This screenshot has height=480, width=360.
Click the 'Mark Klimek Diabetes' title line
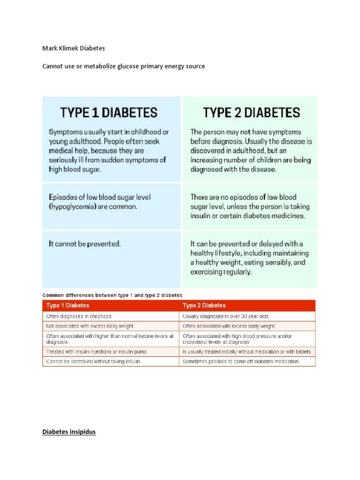pyautogui.click(x=74, y=48)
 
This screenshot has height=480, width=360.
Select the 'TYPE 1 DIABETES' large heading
pyautogui.click(x=109, y=112)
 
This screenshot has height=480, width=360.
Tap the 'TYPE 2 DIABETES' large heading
pyautogui.click(x=251, y=112)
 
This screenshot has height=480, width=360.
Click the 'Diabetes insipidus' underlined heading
pyautogui.click(x=69, y=432)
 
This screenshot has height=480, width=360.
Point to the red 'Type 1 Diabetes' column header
pyautogui.click(x=67, y=306)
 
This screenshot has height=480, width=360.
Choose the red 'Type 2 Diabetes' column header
pyautogui.click(x=204, y=306)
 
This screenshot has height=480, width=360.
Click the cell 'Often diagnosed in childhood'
pyautogui.click(x=79, y=316)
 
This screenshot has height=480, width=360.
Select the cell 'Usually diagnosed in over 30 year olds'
pyautogui.click(x=225, y=316)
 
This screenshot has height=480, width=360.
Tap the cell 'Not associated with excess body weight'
pyautogui.click(x=90, y=326)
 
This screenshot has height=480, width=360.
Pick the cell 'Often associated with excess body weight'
pyautogui.click(x=228, y=326)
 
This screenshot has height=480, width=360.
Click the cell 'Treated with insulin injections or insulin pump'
pyautogui.click(x=96, y=352)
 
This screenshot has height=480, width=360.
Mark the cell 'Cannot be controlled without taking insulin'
pyautogui.click(x=93, y=361)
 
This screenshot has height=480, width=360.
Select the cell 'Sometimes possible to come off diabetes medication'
pyautogui.click(x=240, y=361)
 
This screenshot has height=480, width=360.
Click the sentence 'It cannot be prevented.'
pyautogui.click(x=85, y=244)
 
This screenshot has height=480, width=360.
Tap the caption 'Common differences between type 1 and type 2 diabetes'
pyautogui.click(x=112, y=295)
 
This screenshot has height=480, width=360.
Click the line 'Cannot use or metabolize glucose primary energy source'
pyautogui.click(x=124, y=67)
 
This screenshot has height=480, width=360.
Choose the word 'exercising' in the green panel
pyautogui.click(x=208, y=271)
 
